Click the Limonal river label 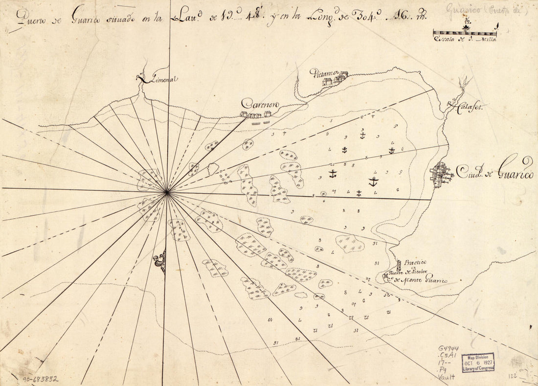(159, 79)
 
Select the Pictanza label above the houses (321, 73)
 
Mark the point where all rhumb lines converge (167, 193)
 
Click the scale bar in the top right (465, 34)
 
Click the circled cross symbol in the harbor (323, 194)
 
